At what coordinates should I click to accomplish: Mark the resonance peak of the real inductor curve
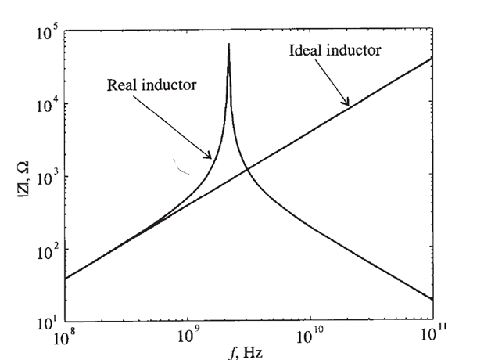coord(228,45)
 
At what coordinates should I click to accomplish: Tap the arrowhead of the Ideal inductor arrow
coord(349,104)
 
